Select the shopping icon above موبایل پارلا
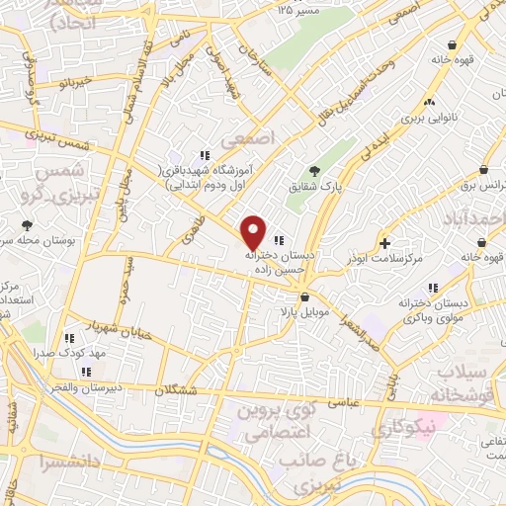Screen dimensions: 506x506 pos(304,296)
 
